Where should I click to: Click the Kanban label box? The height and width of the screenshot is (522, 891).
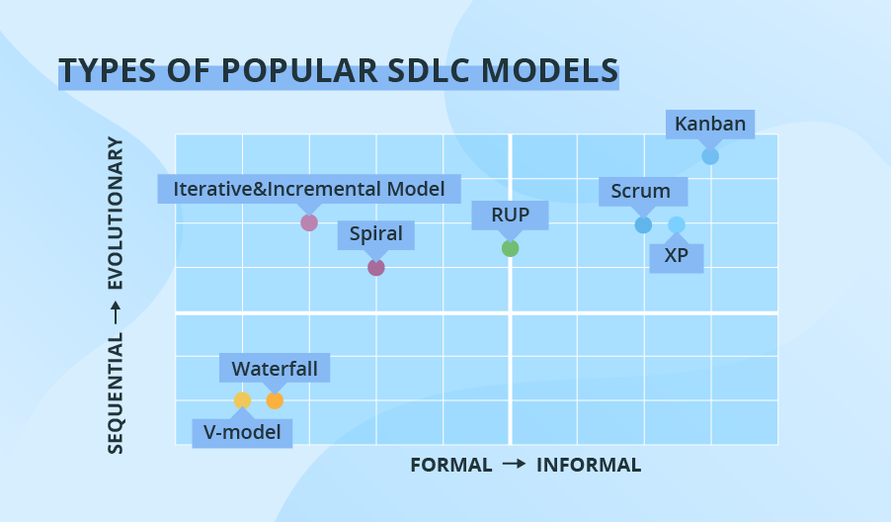710,125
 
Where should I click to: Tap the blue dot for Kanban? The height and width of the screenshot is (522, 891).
710,156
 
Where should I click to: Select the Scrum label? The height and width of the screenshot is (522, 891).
640,191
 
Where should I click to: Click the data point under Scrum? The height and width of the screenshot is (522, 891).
643,224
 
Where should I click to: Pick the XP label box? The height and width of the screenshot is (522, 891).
677,256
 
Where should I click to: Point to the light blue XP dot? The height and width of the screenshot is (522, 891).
677,224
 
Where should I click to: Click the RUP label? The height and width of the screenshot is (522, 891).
510,215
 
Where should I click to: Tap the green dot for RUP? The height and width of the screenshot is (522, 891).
510,248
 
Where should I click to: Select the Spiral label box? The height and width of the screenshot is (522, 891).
375,234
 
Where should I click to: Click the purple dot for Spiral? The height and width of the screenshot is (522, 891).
375,267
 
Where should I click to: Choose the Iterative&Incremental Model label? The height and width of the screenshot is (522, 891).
309,188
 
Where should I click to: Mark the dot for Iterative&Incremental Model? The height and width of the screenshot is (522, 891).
309,222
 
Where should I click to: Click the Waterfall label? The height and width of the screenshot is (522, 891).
275,369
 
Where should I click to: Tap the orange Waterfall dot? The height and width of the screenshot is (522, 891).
275,400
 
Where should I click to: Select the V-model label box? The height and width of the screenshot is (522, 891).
242,432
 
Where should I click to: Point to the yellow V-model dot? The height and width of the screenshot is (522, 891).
242,400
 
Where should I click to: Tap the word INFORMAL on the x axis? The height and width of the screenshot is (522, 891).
589,465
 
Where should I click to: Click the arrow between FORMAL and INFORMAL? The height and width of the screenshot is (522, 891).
514,465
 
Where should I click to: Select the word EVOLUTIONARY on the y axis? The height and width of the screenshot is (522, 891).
116,213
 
